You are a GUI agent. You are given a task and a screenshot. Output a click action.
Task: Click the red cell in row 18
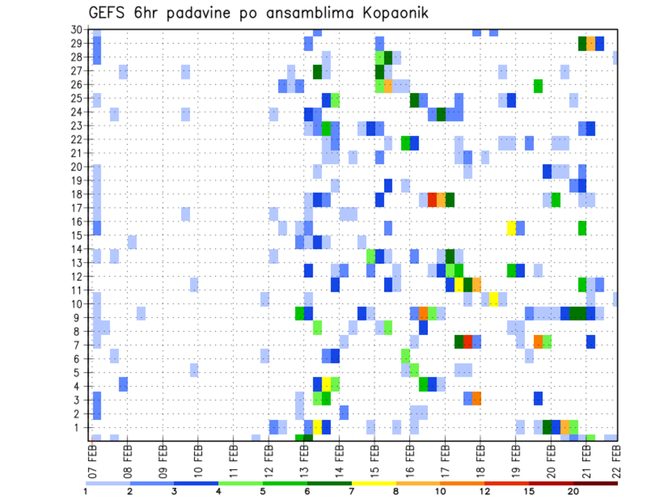(x=432, y=200)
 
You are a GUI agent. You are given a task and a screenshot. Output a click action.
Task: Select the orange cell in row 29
(x=591, y=44)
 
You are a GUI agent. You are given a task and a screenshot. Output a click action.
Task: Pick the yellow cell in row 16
(x=512, y=228)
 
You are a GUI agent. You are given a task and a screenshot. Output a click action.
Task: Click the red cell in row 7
(x=467, y=342)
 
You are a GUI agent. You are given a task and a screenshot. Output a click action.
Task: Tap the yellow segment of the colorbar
(x=374, y=483)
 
